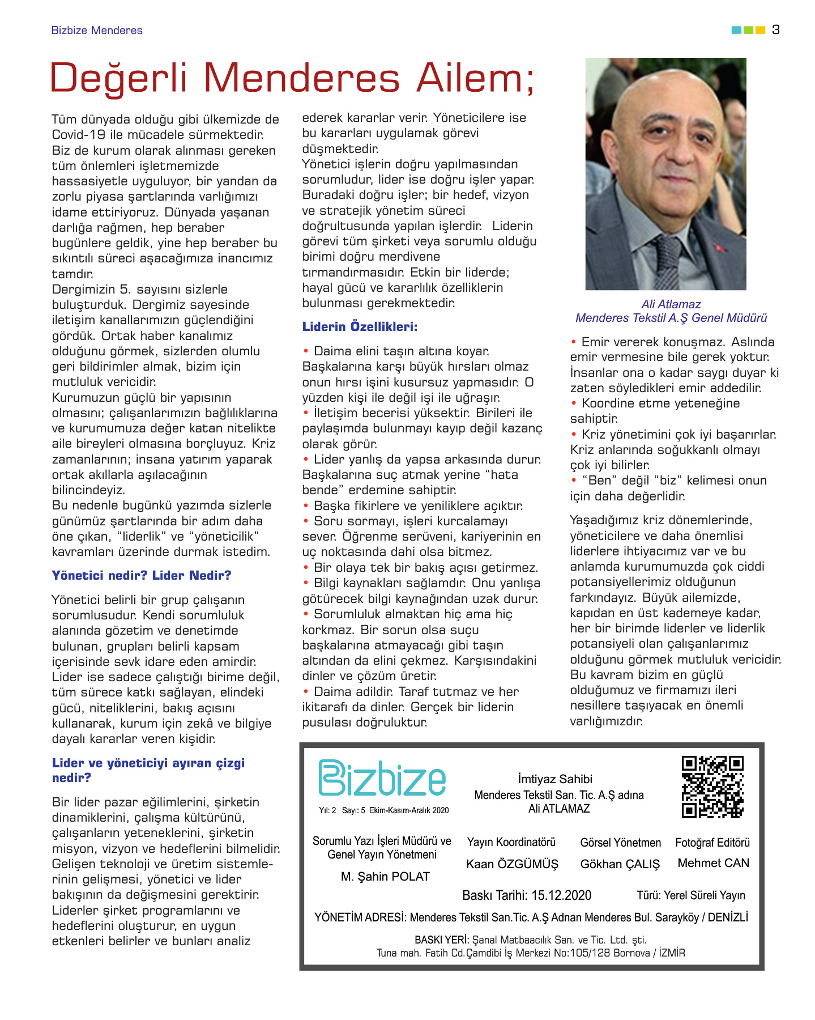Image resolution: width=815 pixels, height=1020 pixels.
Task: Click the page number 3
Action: pyautogui.click(x=775, y=30)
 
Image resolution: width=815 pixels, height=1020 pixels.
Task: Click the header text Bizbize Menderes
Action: pyautogui.click(x=97, y=31)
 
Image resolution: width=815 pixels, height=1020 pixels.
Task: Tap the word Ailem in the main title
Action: pyautogui.click(x=475, y=78)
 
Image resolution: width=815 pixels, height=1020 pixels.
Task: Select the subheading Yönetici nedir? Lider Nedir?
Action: pyautogui.click(x=142, y=576)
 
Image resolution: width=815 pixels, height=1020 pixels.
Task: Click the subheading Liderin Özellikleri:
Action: pyautogui.click(x=360, y=327)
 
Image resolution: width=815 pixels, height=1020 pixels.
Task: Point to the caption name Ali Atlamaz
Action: pyautogui.click(x=671, y=304)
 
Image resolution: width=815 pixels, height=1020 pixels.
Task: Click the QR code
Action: pyautogui.click(x=712, y=787)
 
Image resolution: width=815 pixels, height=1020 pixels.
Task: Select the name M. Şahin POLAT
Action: pyautogui.click(x=385, y=877)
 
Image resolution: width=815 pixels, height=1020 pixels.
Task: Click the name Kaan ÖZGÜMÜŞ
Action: pyautogui.click(x=512, y=864)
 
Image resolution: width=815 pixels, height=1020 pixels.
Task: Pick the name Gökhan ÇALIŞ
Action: pyautogui.click(x=620, y=864)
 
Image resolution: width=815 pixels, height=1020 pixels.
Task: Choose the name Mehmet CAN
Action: pyautogui.click(x=713, y=863)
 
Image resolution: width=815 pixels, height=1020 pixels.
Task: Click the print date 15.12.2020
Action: pyautogui.click(x=561, y=895)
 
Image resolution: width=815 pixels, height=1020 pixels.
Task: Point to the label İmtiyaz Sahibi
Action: pyautogui.click(x=555, y=779)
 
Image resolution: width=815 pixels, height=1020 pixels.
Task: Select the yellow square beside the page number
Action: pyautogui.click(x=761, y=30)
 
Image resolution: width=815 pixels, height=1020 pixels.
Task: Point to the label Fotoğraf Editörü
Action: pyautogui.click(x=712, y=843)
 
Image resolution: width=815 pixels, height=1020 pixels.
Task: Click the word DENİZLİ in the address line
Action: pyautogui.click(x=728, y=917)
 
